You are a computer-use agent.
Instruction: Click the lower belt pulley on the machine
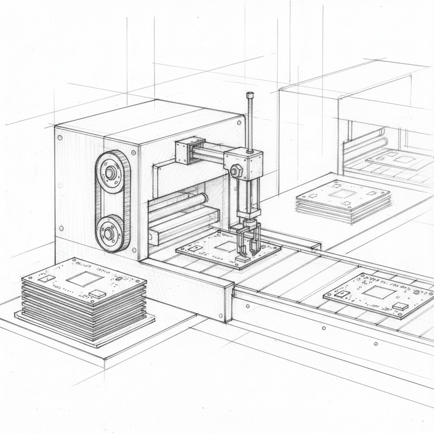pos(109,233)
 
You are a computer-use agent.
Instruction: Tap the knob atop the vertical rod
pos(250,95)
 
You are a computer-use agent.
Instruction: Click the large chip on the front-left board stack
pos(84,279)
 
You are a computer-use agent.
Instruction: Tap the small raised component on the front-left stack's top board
pos(97,294)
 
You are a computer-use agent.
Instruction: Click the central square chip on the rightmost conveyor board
pos(378,292)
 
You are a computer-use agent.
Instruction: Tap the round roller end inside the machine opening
pos(204,198)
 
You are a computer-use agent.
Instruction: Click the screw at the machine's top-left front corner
pos(60,137)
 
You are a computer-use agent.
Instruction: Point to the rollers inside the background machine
pos(365,142)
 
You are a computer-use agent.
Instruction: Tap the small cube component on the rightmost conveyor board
pos(400,306)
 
